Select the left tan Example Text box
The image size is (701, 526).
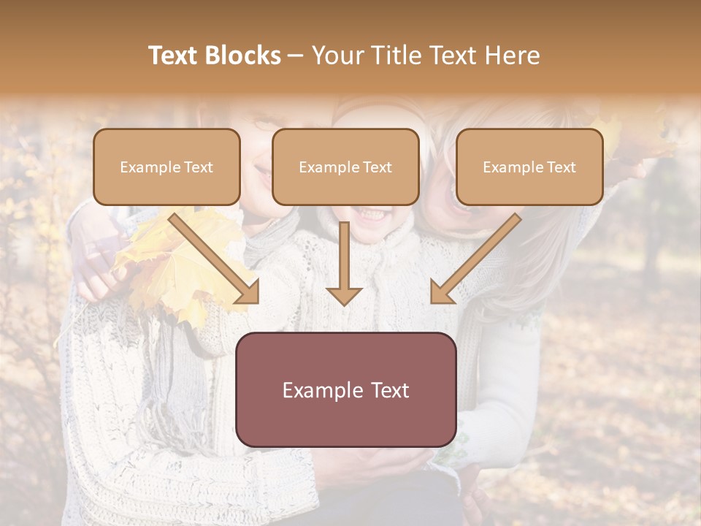tap(166, 167)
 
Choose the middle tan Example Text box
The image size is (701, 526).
tap(345, 167)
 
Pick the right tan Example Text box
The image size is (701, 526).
tap(529, 167)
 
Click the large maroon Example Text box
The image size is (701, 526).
tap(345, 389)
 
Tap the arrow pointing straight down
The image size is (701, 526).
tap(344, 263)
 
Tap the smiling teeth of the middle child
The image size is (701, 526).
tap(371, 216)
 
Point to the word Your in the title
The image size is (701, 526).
tap(337, 56)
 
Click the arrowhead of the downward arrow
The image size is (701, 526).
tap(344, 295)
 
